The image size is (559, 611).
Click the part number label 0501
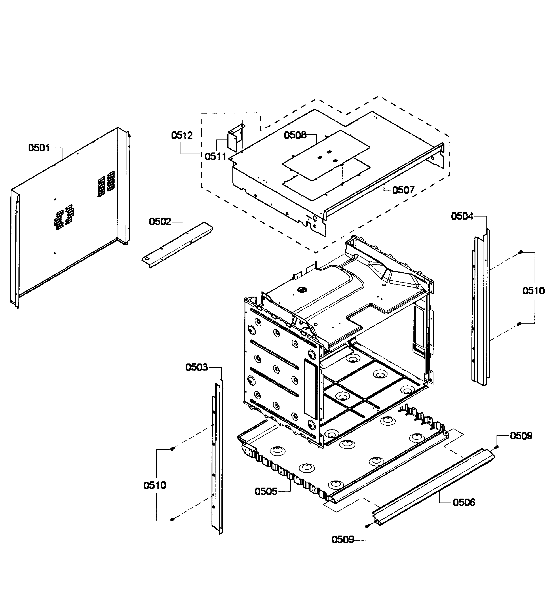click(x=39, y=148)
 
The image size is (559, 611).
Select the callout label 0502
click(x=160, y=222)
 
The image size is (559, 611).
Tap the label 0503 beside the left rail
click(x=196, y=368)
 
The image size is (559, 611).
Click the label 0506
click(x=464, y=503)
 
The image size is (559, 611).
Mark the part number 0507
click(x=403, y=190)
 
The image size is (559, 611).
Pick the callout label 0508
click(x=295, y=135)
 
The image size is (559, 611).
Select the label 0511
click(x=216, y=157)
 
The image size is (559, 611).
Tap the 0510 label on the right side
click(x=533, y=291)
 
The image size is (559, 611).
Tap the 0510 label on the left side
click(x=155, y=486)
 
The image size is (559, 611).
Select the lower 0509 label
click(x=343, y=539)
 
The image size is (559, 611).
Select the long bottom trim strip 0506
click(x=433, y=488)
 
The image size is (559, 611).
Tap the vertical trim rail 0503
click(x=217, y=455)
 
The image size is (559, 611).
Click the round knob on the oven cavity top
click(x=301, y=290)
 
